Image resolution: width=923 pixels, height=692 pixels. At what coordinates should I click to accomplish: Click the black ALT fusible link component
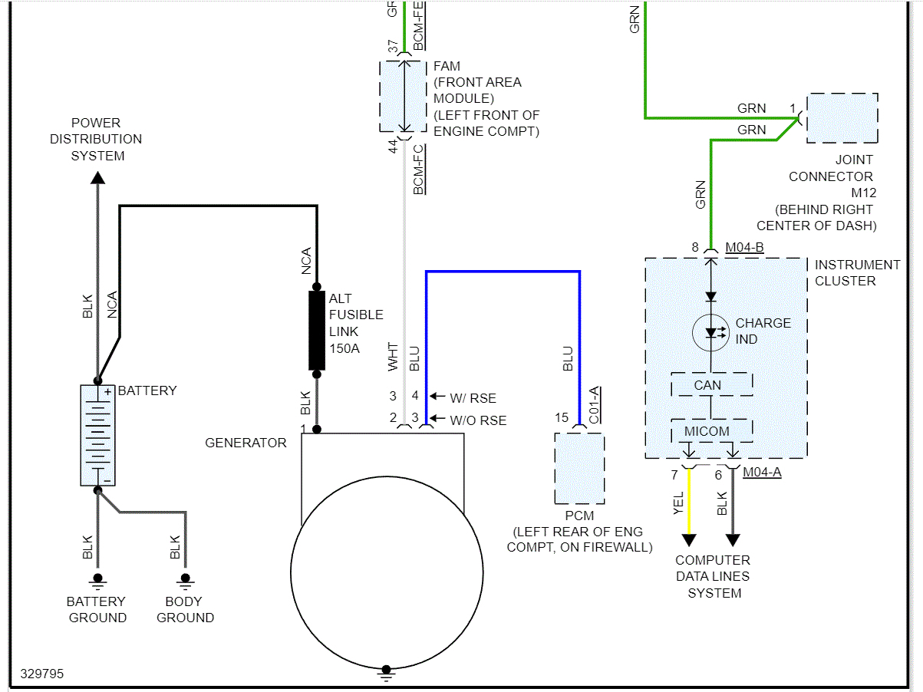click(317, 331)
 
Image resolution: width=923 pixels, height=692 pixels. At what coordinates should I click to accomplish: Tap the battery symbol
click(98, 435)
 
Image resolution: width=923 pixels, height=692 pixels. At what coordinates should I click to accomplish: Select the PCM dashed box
click(579, 468)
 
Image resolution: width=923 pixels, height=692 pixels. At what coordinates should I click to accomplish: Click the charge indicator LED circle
click(710, 332)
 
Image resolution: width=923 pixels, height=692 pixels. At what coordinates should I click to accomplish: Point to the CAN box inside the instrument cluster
click(711, 384)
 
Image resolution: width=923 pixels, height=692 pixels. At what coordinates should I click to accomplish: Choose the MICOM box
click(711, 430)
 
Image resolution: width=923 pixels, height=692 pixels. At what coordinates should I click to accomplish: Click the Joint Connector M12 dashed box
click(842, 118)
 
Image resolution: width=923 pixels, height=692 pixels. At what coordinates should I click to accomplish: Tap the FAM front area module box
click(404, 96)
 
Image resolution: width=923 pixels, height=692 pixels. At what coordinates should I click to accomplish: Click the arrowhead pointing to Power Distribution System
click(98, 177)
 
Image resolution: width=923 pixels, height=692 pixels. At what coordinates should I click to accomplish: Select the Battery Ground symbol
click(97, 581)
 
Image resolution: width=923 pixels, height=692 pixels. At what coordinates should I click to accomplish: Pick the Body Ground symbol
click(185, 581)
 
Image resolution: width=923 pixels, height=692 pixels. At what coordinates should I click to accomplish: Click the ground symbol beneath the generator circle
click(386, 673)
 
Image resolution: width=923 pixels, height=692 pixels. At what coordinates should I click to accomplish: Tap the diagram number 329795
click(42, 674)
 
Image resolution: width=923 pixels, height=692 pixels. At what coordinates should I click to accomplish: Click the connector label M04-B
click(744, 247)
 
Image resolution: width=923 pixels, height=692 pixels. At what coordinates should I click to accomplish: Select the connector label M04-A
click(762, 472)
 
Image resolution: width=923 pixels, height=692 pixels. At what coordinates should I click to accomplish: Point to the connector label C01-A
click(594, 405)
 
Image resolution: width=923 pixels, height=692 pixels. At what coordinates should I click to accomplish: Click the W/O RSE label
click(478, 420)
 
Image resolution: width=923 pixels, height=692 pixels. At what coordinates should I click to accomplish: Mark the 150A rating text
click(344, 348)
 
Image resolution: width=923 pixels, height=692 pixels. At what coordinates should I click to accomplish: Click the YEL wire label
click(678, 503)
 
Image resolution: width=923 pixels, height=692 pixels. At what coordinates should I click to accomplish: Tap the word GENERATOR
click(246, 443)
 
